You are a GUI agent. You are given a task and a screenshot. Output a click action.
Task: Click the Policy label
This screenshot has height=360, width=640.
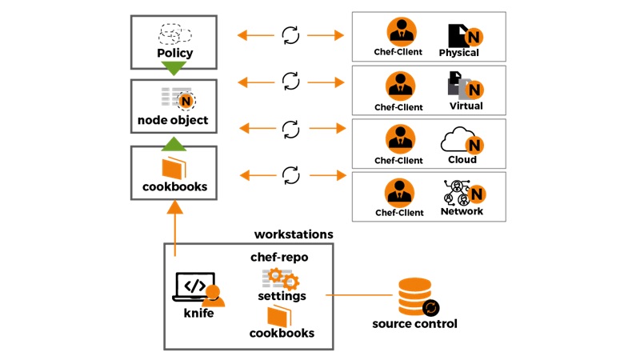(174, 54)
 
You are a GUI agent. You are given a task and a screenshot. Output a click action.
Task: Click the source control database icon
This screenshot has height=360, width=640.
(414, 298)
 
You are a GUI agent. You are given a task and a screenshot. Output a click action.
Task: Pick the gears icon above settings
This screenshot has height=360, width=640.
(281, 279)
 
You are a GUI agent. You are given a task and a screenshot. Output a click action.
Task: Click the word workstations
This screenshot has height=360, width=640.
(293, 234)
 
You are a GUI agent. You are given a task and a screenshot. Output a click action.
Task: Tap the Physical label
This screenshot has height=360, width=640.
(458, 53)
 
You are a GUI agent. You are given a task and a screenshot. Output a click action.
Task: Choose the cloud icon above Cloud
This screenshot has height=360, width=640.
(458, 140)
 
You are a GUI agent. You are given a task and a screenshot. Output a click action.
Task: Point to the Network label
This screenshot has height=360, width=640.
(462, 212)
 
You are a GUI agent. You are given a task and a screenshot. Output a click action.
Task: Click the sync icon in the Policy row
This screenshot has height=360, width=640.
(290, 35)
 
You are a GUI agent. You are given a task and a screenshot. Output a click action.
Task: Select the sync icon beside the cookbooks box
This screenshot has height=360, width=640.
(290, 174)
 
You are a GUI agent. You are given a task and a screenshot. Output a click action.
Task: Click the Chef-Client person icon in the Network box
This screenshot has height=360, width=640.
(398, 192)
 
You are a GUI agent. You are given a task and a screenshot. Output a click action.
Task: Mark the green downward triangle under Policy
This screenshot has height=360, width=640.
(174, 69)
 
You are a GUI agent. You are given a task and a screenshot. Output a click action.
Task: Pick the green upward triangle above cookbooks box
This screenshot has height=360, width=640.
(174, 143)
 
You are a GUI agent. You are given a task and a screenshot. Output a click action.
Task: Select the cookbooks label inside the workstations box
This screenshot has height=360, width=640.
(282, 333)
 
